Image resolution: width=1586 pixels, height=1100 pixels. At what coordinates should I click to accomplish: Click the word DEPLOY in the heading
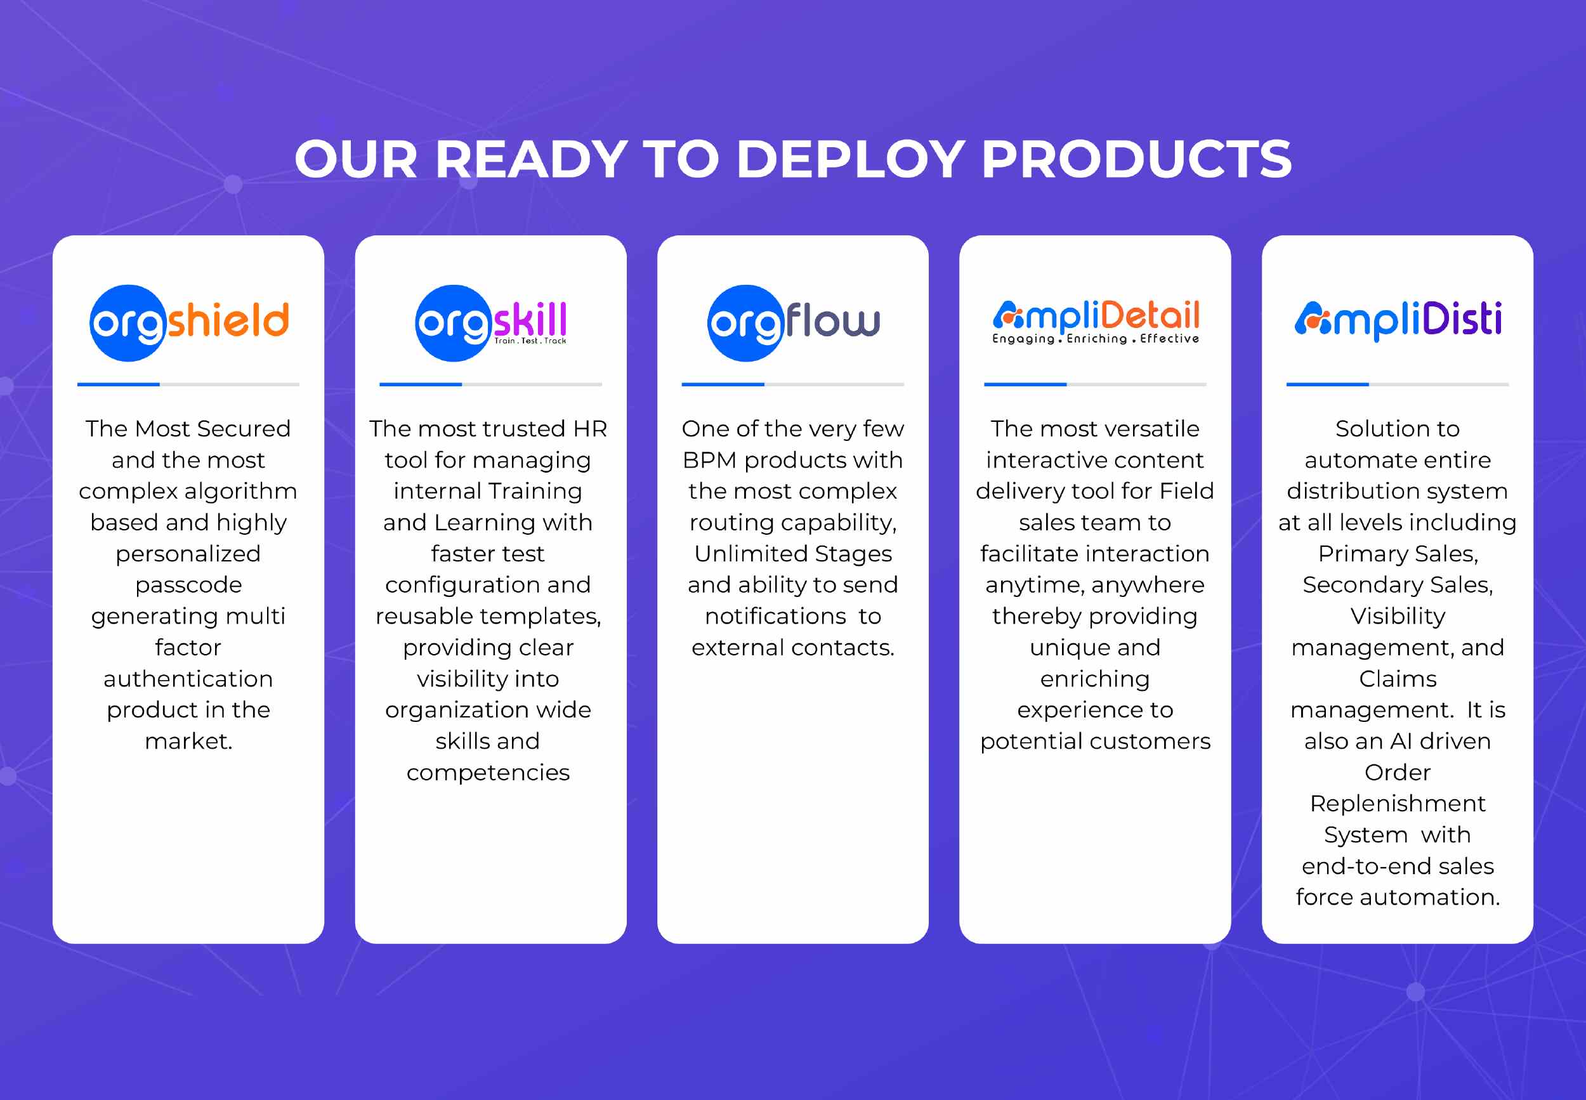(x=851, y=159)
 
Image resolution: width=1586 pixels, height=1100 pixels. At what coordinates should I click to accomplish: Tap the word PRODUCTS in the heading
(x=1136, y=159)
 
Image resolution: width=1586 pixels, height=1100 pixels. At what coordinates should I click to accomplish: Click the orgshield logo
(x=189, y=322)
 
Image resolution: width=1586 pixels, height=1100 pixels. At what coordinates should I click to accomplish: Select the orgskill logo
(x=491, y=322)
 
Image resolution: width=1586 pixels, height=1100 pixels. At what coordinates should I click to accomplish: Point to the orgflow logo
(x=794, y=322)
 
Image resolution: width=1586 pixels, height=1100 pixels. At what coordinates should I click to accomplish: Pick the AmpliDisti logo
(x=1398, y=320)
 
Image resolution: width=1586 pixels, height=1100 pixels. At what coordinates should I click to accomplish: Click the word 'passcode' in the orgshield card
(x=188, y=585)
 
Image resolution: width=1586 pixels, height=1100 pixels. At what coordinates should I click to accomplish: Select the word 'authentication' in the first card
(x=188, y=679)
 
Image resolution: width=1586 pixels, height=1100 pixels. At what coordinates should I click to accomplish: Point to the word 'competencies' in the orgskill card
(x=488, y=773)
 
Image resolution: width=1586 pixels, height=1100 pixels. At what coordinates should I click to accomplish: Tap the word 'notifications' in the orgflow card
(x=775, y=616)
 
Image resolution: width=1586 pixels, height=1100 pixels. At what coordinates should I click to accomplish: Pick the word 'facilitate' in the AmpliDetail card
(x=1028, y=553)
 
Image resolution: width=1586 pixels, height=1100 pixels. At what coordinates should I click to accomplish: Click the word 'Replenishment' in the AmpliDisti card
(x=1398, y=804)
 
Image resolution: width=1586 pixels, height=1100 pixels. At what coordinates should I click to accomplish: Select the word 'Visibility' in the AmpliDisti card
(x=1398, y=616)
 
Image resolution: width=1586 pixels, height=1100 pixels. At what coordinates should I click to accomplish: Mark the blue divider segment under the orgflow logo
(x=723, y=384)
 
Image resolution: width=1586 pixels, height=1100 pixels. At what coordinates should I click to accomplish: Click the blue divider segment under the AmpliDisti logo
(x=1328, y=384)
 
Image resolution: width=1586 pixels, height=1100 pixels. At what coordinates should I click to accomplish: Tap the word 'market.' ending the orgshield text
(x=188, y=742)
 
